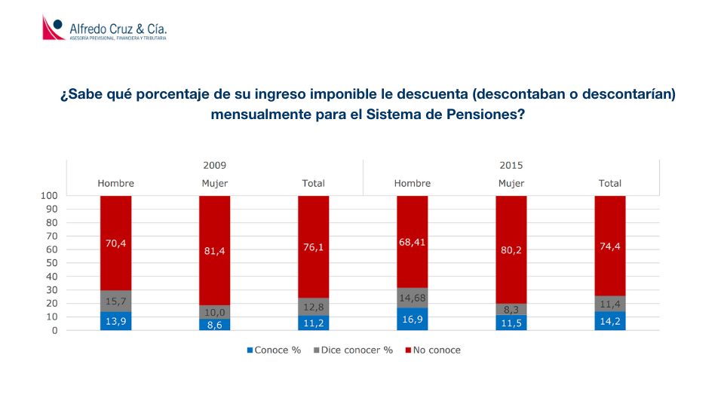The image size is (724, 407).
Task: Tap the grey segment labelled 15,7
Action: (115, 301)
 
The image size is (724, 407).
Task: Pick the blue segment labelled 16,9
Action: (413, 319)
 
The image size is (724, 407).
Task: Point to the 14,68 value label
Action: (413, 298)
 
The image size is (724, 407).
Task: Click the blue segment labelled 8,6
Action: (214, 324)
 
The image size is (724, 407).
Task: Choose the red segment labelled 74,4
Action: (610, 246)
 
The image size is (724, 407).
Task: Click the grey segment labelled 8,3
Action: (511, 309)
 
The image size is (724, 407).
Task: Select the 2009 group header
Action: (214, 165)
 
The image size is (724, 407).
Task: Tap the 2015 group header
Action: (511, 165)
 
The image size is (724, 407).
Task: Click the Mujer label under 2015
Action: (511, 183)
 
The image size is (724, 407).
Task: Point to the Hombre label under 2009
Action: (115, 183)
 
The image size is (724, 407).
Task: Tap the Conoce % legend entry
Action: (271, 350)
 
